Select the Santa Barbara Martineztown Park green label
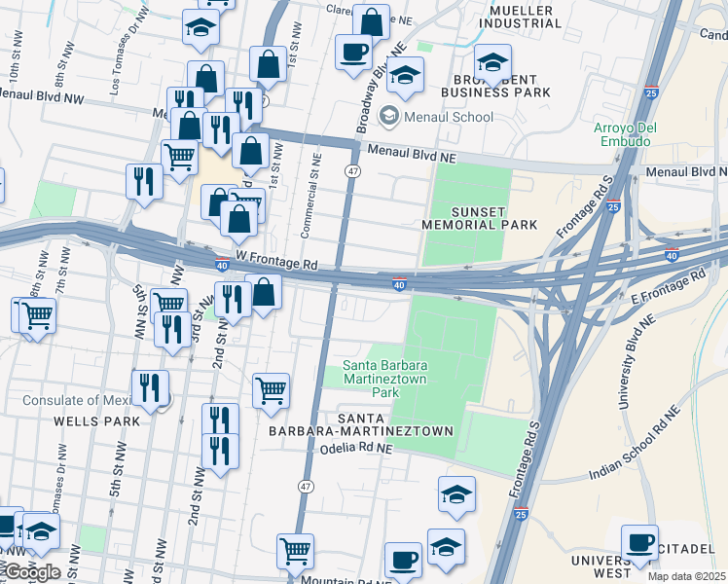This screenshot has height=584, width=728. coord(371,380)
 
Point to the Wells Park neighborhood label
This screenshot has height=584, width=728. coord(97,420)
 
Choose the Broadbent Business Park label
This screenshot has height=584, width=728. coord(495,85)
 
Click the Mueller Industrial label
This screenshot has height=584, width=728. coord(517,17)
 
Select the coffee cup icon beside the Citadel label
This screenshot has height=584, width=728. coord(640,541)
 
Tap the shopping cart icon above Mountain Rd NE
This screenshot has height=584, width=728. coord(295,550)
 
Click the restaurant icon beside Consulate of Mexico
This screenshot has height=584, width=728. coord(150,388)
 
